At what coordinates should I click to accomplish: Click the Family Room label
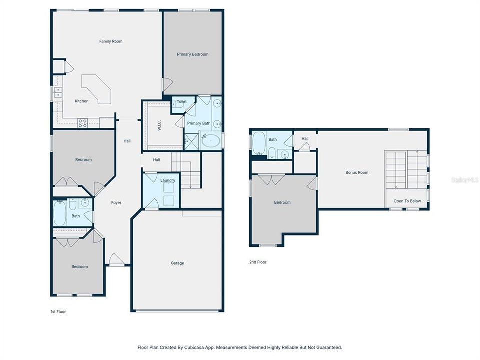[110, 41]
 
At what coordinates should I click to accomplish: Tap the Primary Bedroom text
[192, 54]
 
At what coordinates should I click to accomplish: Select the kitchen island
[98, 89]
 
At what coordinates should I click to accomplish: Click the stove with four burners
[82, 122]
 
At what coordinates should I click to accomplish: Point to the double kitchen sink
[58, 93]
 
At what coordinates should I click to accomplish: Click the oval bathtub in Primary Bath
[211, 141]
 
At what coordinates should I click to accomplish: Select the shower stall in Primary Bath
[191, 141]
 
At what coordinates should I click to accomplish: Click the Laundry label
[167, 180]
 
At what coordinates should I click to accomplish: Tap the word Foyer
[116, 202]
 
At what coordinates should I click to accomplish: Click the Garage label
[177, 263]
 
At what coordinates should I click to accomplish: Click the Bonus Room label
[357, 172]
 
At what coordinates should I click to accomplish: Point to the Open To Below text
[407, 201]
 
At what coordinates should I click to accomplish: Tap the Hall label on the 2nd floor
[305, 139]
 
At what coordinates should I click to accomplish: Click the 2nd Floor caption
[257, 262]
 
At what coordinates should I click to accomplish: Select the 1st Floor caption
[58, 311]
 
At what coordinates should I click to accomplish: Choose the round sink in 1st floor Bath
[84, 202]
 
